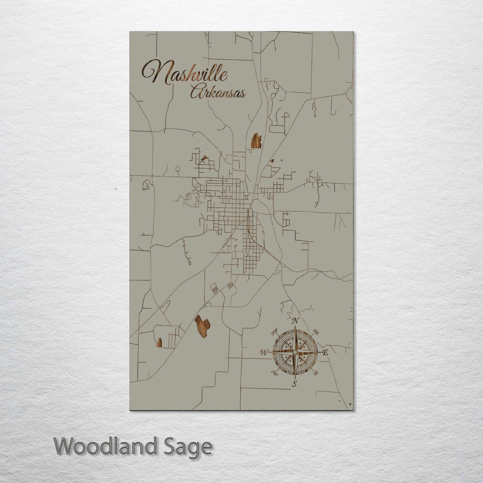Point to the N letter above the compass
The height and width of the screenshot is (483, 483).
[295, 321]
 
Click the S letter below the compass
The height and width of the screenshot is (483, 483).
[294, 383]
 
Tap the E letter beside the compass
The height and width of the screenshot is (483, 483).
[326, 352]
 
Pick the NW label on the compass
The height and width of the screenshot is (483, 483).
[275, 332]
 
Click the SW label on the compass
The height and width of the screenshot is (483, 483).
[275, 373]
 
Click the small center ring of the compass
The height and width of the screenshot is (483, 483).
[295, 352]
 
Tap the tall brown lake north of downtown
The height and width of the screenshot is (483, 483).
[256, 141]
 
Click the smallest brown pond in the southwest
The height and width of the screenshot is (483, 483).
[159, 343]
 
